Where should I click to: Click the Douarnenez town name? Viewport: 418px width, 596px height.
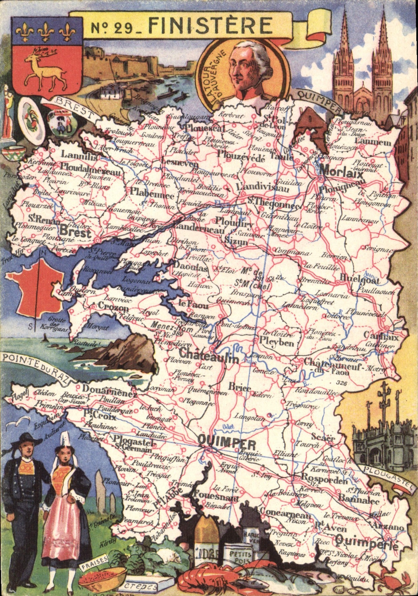point(109,390)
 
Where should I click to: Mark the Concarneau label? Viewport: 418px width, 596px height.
point(285,514)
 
